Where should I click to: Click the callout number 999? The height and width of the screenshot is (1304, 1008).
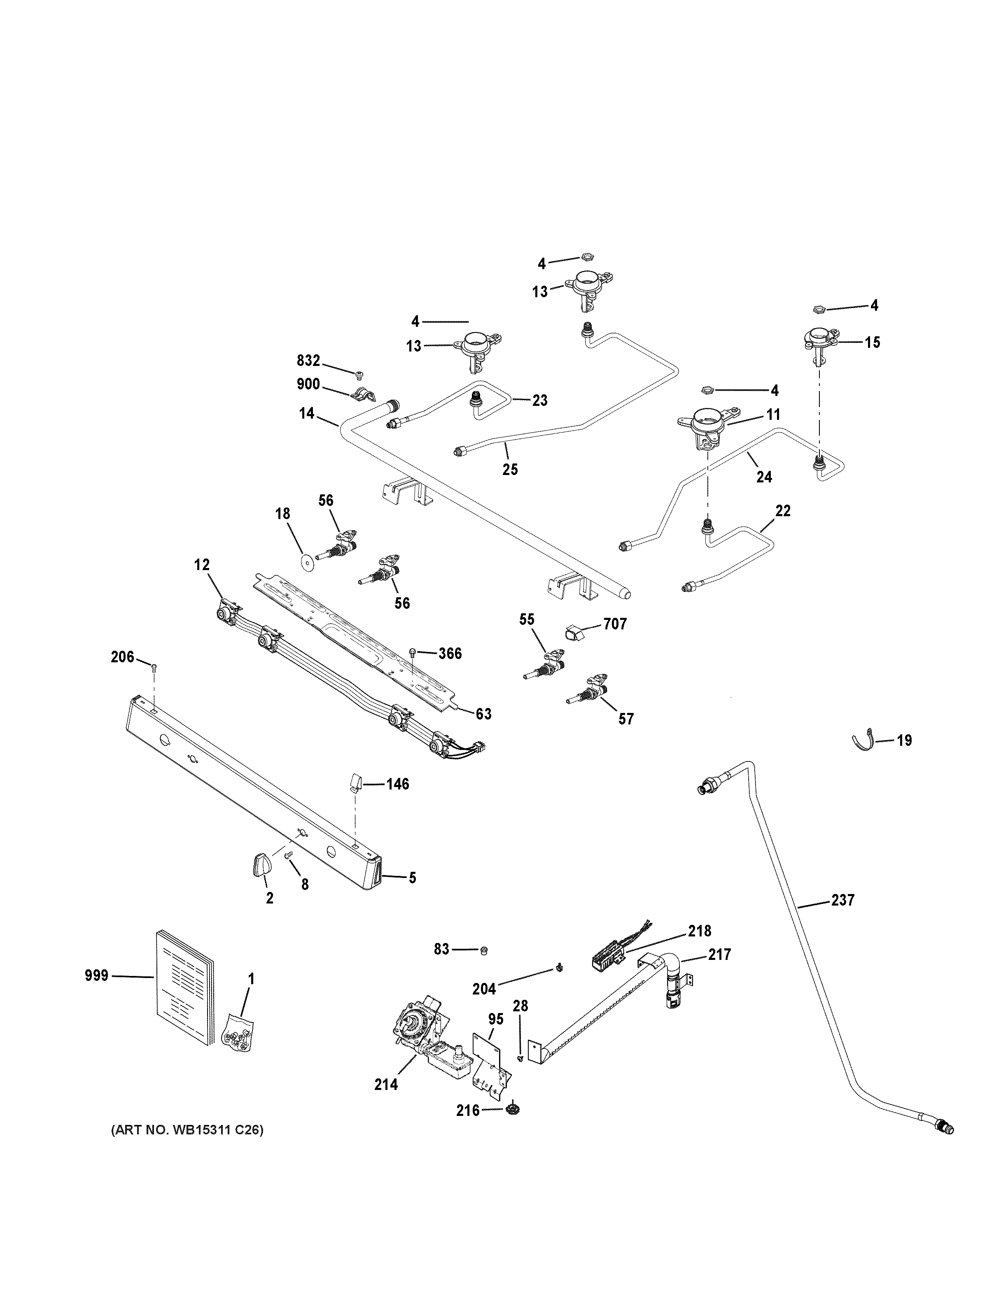(x=96, y=976)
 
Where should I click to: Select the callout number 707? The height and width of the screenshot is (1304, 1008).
(x=615, y=624)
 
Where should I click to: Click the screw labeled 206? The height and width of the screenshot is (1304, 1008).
(x=154, y=668)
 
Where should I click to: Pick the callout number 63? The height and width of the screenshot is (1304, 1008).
(x=483, y=713)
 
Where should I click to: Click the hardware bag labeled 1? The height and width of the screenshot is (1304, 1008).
(x=238, y=1030)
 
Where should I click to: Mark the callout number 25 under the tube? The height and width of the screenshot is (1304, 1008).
(x=509, y=469)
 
